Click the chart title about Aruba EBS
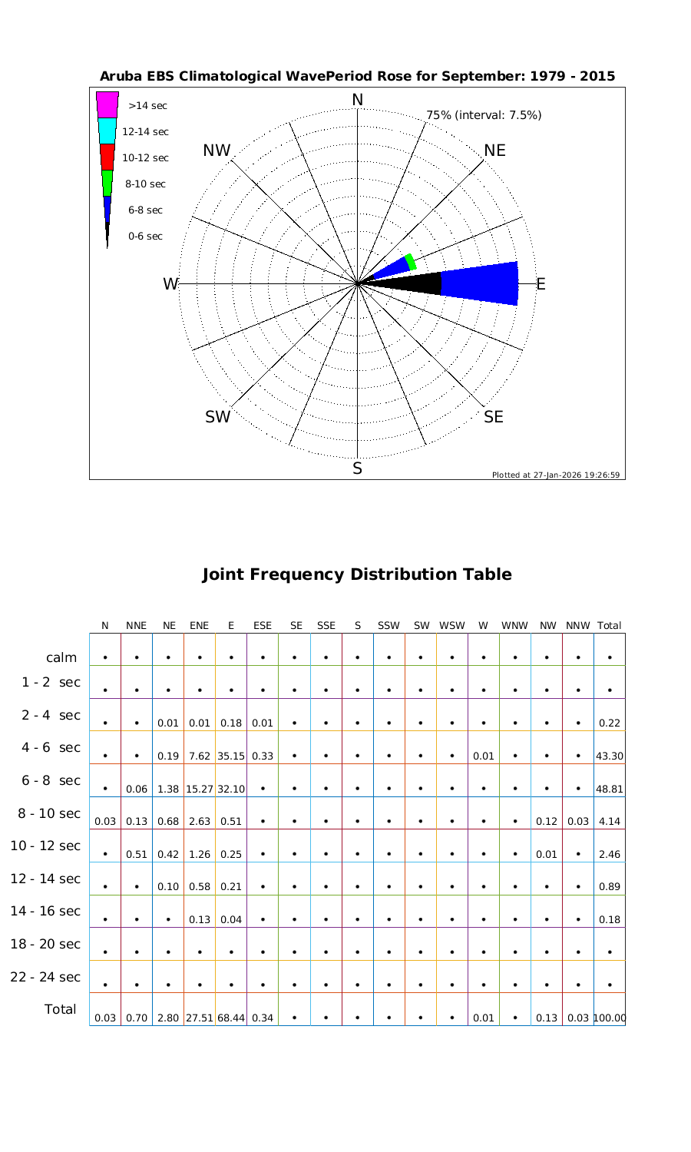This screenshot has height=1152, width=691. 357,77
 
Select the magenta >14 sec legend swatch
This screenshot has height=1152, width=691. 107,104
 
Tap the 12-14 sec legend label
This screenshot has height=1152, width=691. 146,131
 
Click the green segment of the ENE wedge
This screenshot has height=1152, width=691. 412,261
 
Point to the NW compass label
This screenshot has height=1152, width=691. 217,151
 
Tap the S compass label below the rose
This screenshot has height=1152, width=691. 357,469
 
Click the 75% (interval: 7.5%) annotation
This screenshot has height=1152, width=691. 484,115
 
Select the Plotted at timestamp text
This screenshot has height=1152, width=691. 556,475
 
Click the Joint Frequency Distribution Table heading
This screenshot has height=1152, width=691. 357,574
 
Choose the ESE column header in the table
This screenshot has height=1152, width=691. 263,626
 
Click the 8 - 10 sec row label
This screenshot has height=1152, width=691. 45,813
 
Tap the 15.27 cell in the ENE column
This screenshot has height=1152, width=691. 200,789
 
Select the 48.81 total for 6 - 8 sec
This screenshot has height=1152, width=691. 609,789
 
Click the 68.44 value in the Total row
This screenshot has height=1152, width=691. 231,1018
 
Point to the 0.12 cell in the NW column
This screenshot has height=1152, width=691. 547,822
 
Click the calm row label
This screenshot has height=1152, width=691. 61,657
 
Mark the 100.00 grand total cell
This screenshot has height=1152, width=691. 610,1018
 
